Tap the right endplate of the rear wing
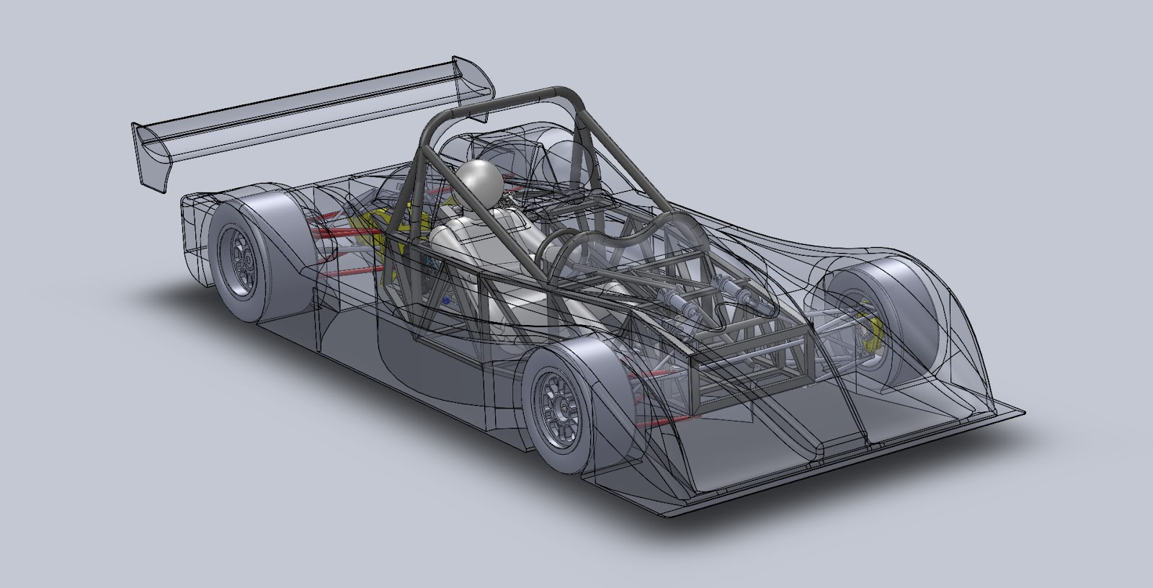(x=479, y=79)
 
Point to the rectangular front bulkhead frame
(x=749, y=375)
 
